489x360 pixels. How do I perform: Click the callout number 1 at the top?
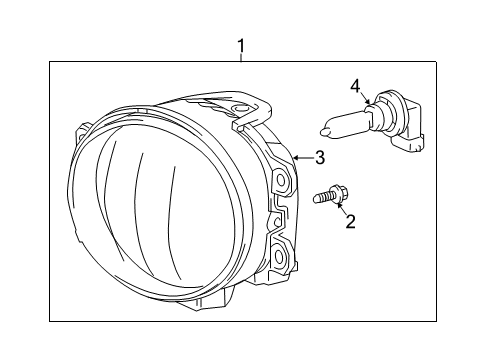point(241,45)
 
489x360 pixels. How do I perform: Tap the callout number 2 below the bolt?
point(350,221)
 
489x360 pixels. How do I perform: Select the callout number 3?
point(320,157)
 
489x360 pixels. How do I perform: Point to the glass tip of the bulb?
point(327,127)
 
